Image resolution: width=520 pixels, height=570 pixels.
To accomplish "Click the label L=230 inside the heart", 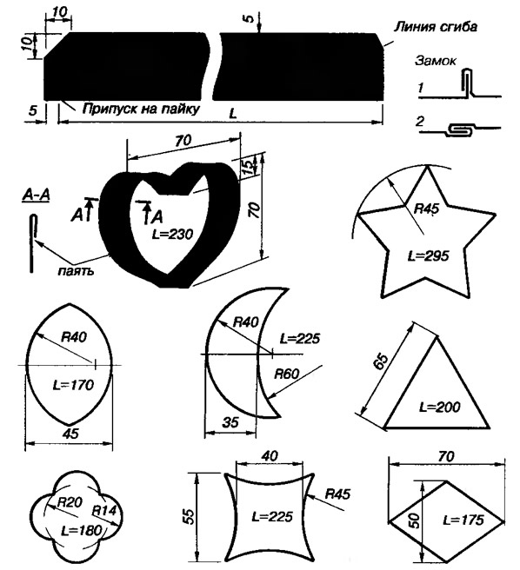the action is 172,234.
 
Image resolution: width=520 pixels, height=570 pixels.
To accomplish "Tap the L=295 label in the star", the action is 429,256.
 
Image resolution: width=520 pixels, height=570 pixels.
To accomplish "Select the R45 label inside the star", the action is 427,209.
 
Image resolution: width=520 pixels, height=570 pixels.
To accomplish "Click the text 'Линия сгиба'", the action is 436,27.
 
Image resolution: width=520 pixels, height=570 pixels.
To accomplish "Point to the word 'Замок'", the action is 435,60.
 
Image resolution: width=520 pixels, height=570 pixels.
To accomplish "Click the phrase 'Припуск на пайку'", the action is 141,109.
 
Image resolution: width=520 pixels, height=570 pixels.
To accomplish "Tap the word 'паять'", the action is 76,271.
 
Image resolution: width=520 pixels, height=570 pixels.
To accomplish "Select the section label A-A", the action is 36,196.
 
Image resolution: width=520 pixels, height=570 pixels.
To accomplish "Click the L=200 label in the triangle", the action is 440,407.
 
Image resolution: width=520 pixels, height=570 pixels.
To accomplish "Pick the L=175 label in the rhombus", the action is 463,520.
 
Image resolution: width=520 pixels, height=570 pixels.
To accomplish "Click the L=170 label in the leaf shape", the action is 73,385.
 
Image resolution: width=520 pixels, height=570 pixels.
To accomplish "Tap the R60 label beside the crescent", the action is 286,374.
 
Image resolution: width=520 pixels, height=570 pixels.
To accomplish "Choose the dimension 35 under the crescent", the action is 230,422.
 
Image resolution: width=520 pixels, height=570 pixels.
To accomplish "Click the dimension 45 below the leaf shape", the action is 70,434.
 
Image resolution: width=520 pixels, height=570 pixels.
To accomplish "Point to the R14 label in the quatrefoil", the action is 103,510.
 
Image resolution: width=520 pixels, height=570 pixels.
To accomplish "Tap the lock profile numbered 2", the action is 461,129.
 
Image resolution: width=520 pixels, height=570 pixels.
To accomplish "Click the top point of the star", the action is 427,166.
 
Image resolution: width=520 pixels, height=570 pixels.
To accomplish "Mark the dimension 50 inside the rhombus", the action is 415,520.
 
